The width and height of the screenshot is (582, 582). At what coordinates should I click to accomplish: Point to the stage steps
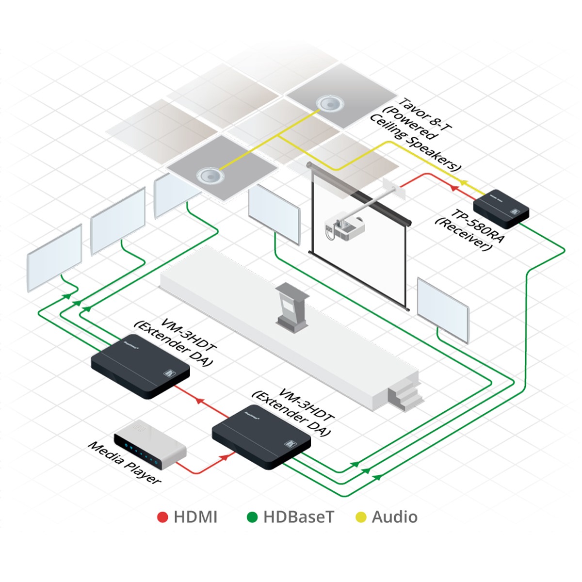[x=404, y=394]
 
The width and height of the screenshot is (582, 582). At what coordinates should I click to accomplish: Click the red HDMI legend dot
[x=162, y=517]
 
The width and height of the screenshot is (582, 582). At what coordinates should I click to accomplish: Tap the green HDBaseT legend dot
[x=252, y=517]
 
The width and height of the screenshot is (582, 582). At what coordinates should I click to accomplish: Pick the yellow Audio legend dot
[x=361, y=517]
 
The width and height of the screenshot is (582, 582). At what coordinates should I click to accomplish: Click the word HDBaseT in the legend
[x=299, y=517]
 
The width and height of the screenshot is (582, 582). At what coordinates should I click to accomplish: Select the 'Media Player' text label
[x=124, y=463]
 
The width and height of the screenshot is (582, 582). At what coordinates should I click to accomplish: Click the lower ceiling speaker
[x=210, y=174]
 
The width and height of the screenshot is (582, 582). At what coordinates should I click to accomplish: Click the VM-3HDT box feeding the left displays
[x=140, y=366]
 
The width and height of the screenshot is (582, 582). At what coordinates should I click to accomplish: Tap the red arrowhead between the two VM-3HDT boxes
[x=199, y=400]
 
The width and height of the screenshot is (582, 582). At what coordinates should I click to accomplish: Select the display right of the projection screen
[x=443, y=310]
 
